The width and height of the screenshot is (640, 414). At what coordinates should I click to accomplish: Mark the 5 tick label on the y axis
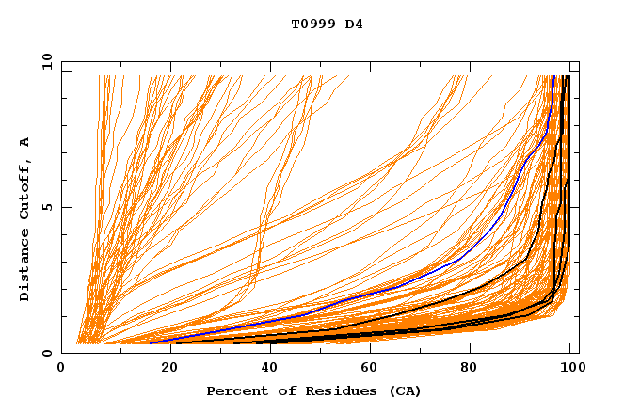click(x=46, y=207)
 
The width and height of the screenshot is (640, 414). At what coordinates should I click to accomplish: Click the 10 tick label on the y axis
click(x=42, y=61)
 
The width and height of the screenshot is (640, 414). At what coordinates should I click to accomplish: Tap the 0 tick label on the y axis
click(x=46, y=353)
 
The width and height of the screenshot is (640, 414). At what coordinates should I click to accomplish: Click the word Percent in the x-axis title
click(x=234, y=390)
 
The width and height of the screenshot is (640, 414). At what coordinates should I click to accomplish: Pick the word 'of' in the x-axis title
click(x=281, y=390)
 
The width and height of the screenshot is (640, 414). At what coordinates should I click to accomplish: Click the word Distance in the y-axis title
click(x=24, y=266)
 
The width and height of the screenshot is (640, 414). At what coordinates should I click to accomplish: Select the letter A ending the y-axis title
click(x=24, y=141)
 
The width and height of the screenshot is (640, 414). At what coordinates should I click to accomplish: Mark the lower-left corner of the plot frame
click(x=61, y=353)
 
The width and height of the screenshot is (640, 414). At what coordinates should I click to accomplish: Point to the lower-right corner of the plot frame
click(x=579, y=353)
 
